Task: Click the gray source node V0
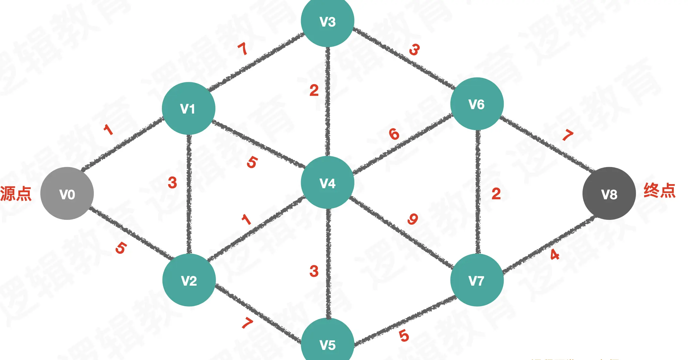67,194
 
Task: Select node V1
188,109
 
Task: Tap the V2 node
189,280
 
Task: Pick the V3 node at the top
328,22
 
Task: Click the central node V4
328,183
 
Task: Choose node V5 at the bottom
328,343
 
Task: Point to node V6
477,104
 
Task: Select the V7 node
477,280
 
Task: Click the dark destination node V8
609,194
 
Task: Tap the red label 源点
16,194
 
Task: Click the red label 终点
660,190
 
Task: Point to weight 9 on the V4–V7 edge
413,219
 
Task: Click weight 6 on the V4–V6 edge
394,134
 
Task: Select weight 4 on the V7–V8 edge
555,255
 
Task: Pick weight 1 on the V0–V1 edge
108,130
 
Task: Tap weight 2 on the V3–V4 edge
314,90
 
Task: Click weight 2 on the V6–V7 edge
496,194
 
